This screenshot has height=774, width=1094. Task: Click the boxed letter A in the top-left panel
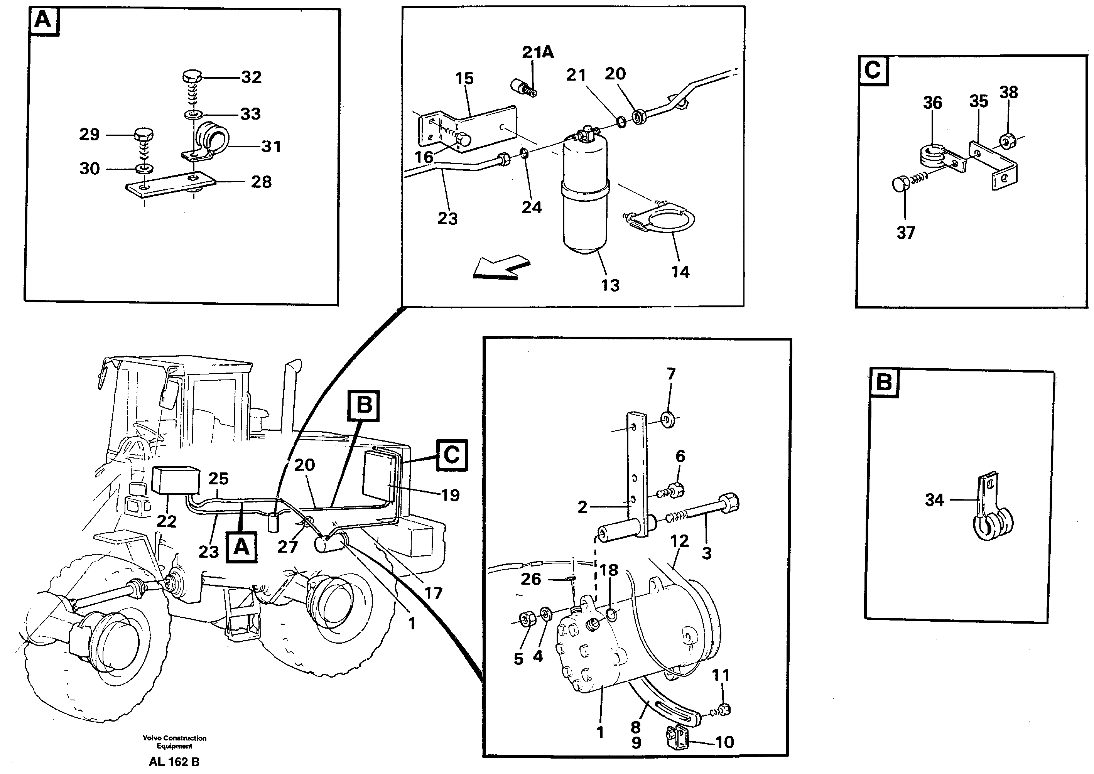point(43,21)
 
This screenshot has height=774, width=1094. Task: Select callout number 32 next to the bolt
point(251,77)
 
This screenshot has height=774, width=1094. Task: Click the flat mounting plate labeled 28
point(169,184)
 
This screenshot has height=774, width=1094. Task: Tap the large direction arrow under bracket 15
point(501,268)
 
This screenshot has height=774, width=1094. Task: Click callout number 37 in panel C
point(905,233)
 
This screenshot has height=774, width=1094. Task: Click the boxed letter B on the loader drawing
point(364,406)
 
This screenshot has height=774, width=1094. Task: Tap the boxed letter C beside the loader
point(451,455)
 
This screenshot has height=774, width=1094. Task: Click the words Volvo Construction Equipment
point(174,742)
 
